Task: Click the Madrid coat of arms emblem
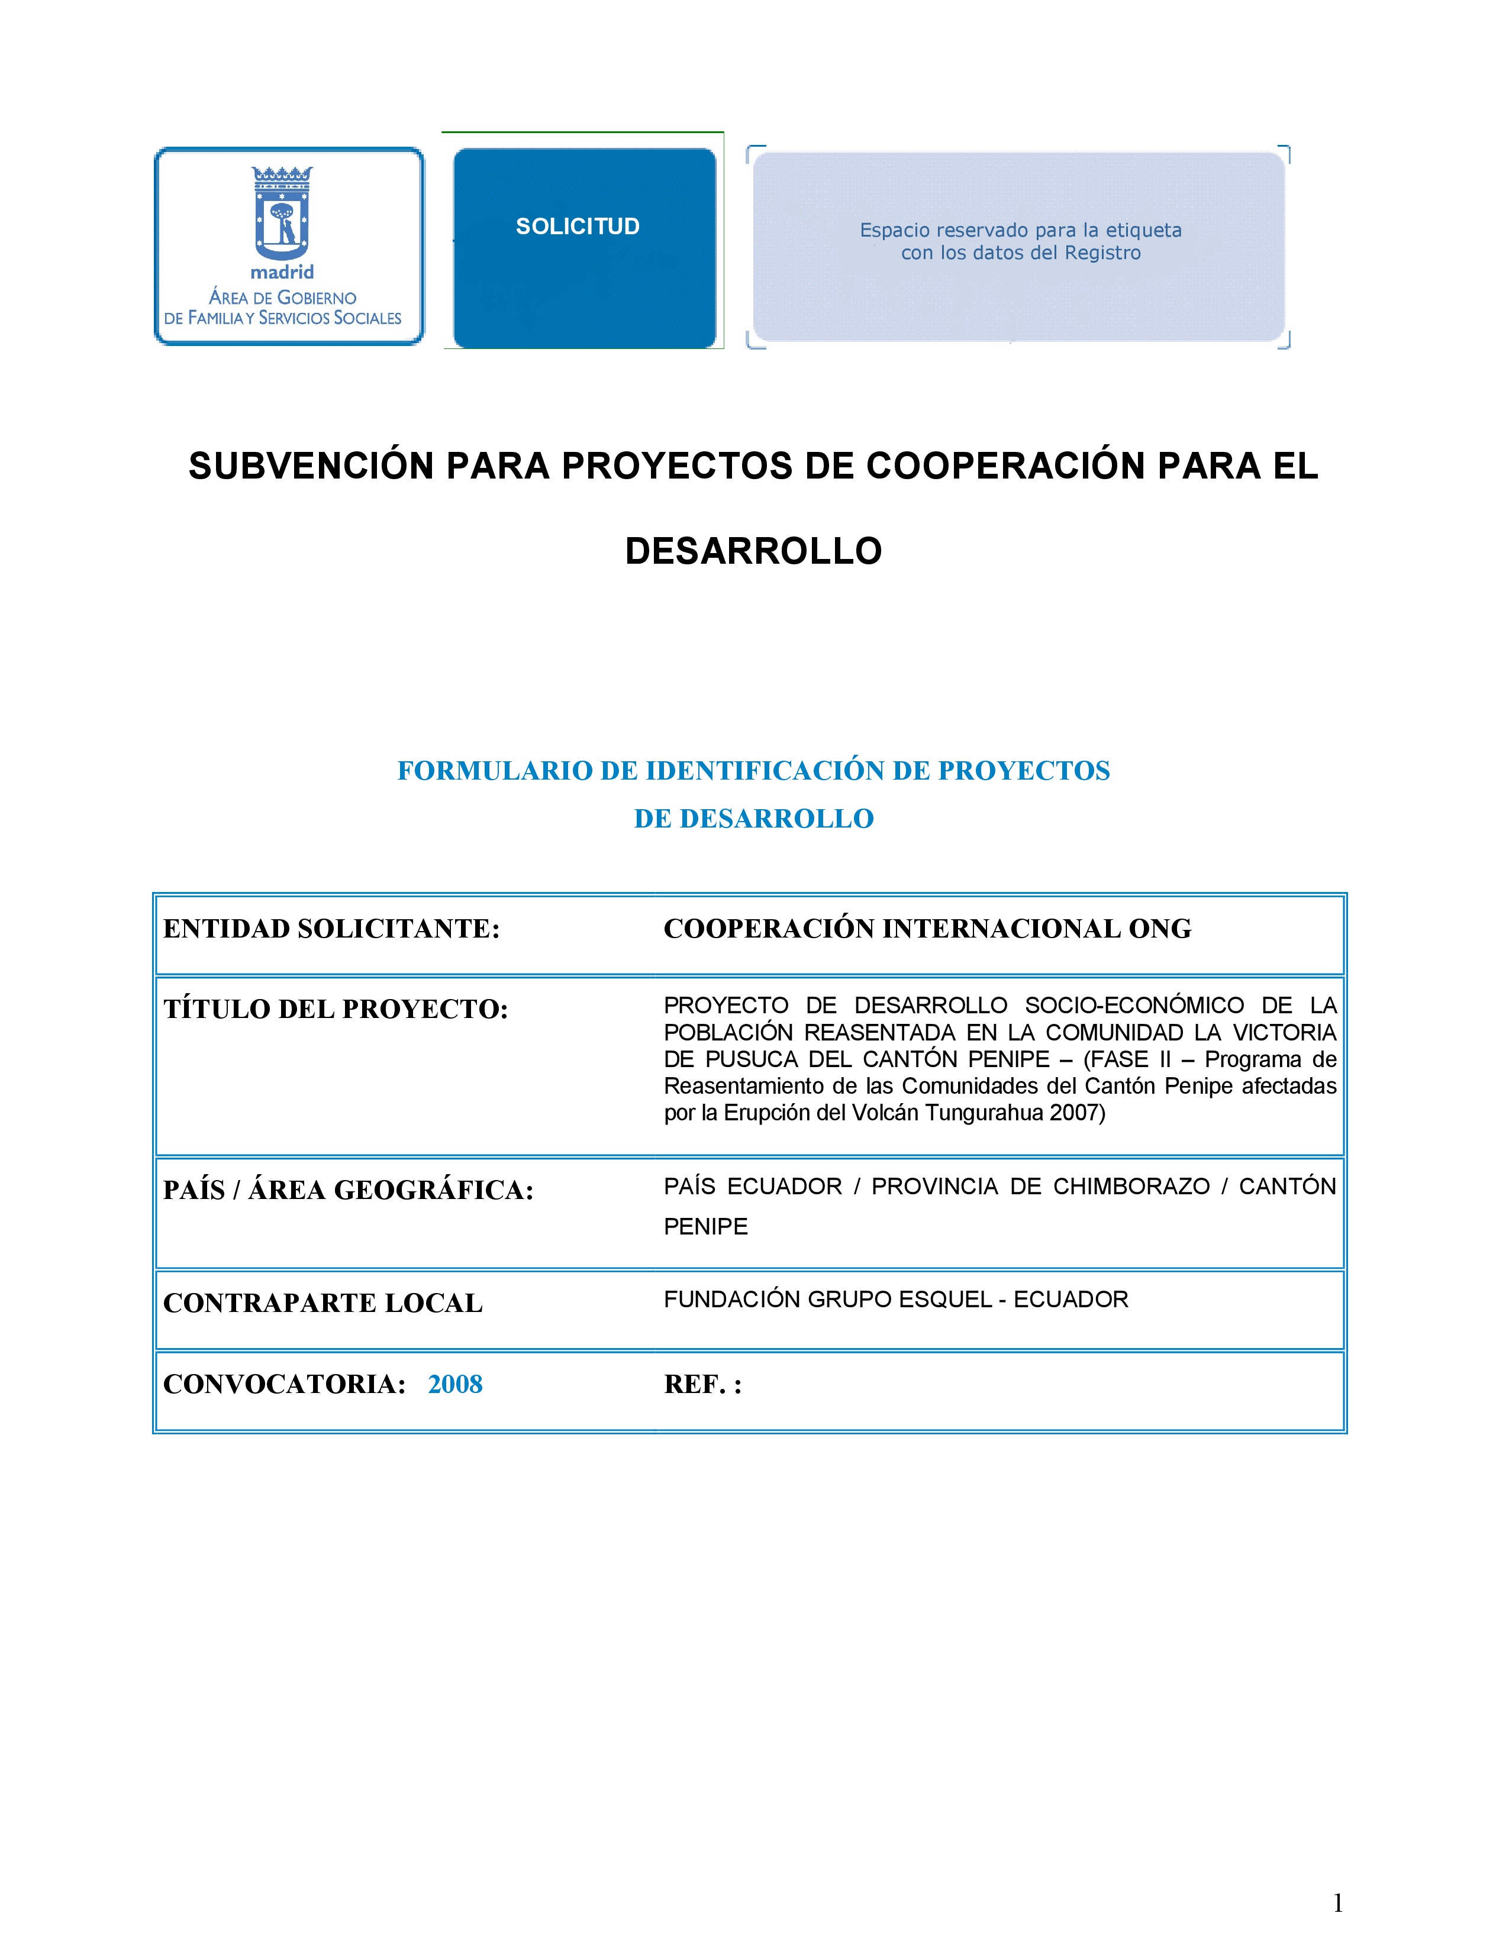click(x=282, y=213)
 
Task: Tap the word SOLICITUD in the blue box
click(x=578, y=226)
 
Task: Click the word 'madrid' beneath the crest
click(x=282, y=272)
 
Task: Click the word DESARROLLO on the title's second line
click(x=753, y=551)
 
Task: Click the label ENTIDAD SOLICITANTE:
click(x=331, y=929)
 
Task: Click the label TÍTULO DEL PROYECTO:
click(x=335, y=1009)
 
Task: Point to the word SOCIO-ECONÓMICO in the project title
click(x=1134, y=1006)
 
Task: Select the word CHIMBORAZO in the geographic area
click(x=1131, y=1186)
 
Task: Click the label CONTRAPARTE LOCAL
click(x=323, y=1303)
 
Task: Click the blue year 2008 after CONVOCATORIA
click(x=455, y=1384)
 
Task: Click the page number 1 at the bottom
click(x=1337, y=1903)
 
